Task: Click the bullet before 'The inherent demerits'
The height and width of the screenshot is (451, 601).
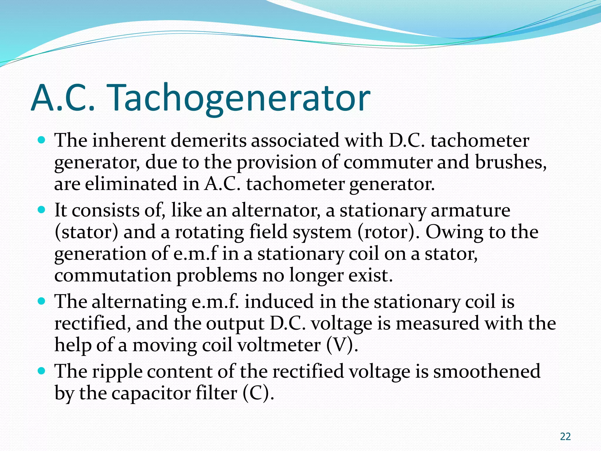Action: click(x=42, y=140)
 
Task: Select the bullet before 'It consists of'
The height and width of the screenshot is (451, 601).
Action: click(x=42, y=210)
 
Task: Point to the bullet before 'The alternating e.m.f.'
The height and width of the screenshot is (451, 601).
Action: click(x=42, y=301)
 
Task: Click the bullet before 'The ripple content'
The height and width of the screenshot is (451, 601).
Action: click(x=42, y=371)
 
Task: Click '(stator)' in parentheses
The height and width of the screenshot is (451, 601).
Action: click(x=87, y=232)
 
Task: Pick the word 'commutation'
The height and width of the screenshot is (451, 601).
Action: click(x=113, y=275)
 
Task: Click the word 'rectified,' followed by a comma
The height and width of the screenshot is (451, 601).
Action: click(x=93, y=323)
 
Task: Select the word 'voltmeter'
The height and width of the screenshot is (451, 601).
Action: click(x=279, y=345)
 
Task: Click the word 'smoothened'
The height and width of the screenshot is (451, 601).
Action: click(x=487, y=371)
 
